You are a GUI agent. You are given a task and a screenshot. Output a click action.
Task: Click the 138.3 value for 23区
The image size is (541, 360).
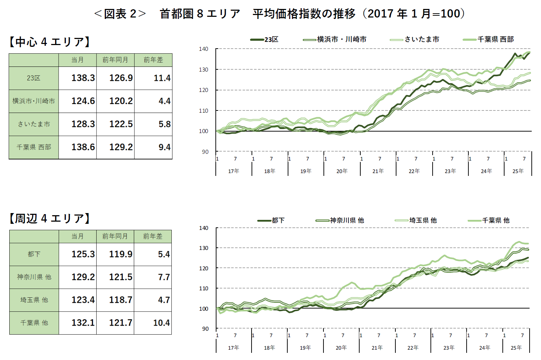[x=83, y=78]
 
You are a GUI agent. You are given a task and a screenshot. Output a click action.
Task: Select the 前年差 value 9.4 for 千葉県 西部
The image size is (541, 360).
[x=164, y=147]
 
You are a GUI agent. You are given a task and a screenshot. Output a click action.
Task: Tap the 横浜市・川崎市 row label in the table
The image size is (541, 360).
[x=34, y=101]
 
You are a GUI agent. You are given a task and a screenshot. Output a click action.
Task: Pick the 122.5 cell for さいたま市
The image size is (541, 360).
[x=121, y=124]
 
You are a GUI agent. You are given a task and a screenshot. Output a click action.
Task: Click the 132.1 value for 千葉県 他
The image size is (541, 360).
[x=83, y=323]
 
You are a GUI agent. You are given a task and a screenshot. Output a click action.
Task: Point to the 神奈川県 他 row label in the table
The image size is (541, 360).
[x=34, y=277]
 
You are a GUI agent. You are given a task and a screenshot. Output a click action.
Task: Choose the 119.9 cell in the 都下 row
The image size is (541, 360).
[x=121, y=254]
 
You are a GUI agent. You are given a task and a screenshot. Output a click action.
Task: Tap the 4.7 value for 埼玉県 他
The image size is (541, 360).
[x=164, y=300]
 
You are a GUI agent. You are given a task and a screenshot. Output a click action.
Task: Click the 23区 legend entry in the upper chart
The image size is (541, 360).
[x=265, y=39]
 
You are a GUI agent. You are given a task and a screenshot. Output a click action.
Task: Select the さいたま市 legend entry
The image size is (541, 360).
[x=415, y=39]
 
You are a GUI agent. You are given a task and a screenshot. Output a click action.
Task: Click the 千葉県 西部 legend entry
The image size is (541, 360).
[x=489, y=39]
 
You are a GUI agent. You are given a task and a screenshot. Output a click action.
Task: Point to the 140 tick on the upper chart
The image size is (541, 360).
[x=204, y=49]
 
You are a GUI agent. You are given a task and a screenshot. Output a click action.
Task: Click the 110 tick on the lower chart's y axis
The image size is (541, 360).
[x=204, y=289]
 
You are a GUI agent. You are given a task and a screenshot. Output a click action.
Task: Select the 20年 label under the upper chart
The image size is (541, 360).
[x=342, y=171]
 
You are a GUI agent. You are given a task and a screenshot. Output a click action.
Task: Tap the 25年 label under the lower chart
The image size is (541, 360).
[x=516, y=348]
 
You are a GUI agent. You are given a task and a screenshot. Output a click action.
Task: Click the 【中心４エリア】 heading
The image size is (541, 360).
[x=50, y=42]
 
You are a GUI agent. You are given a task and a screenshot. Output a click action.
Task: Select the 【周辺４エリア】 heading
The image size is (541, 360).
[x=50, y=218]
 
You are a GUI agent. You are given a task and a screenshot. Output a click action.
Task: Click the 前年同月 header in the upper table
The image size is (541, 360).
[x=115, y=60]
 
